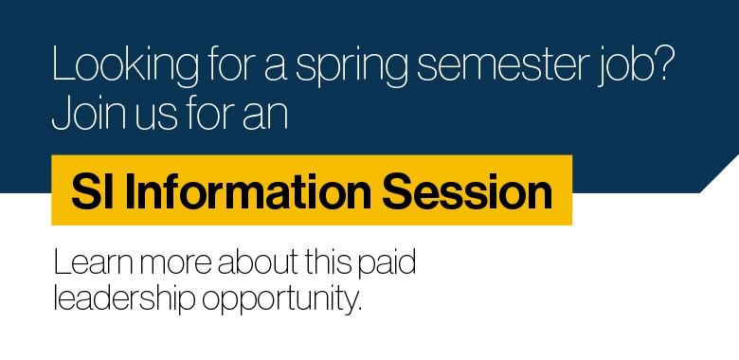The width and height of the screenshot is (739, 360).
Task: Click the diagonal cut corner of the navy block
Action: (718, 174)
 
